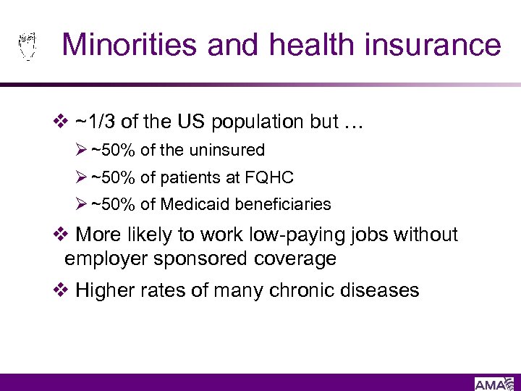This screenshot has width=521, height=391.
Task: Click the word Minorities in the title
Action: pyautogui.click(x=130, y=45)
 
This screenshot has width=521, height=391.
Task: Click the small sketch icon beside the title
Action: pyautogui.click(x=27, y=45)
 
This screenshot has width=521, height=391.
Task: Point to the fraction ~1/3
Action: pyautogui.click(x=96, y=122)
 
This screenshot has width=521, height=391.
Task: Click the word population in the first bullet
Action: pyautogui.click(x=258, y=122)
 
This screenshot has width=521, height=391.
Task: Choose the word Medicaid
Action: pyautogui.click(x=191, y=205)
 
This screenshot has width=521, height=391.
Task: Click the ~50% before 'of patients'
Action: pyautogui.click(x=114, y=177)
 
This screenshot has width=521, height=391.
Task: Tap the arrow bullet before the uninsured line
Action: pyautogui.click(x=82, y=151)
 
